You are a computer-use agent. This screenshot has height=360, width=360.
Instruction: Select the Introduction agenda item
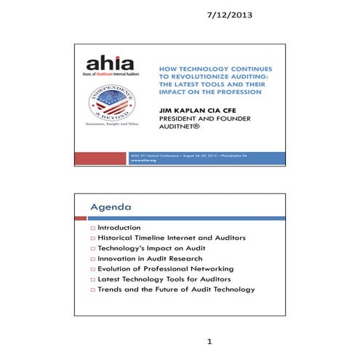(x=119, y=228)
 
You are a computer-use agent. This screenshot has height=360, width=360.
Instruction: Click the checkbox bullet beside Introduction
(x=92, y=228)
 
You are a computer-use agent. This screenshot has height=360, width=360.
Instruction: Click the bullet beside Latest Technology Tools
(x=92, y=279)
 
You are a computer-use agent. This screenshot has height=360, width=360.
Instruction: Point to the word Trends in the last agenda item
(x=112, y=289)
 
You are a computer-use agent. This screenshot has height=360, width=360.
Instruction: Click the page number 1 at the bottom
(x=209, y=341)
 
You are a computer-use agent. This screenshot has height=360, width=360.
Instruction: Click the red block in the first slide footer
(x=99, y=158)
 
